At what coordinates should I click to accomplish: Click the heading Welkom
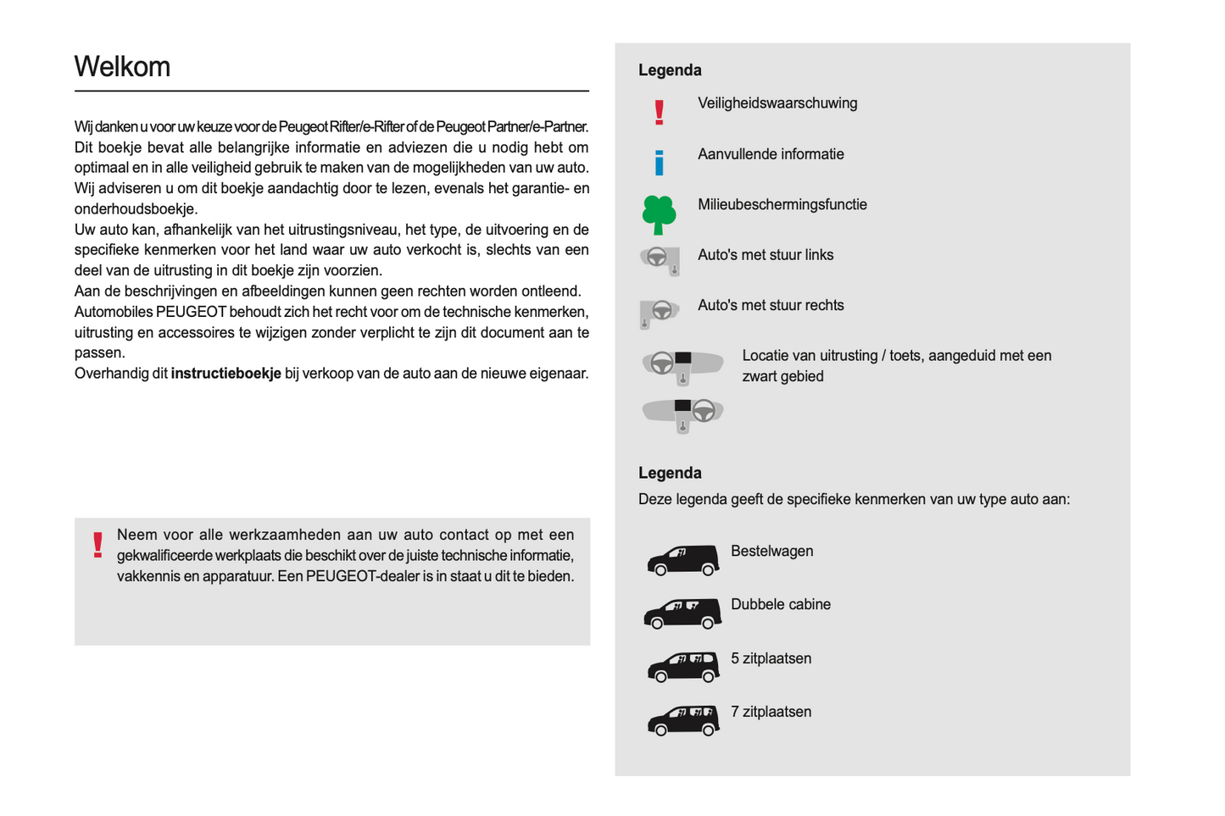coord(122,67)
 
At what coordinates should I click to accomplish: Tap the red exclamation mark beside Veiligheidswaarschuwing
coord(660,112)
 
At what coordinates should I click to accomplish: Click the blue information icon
coord(660,162)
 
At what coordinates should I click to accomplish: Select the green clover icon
coord(659,214)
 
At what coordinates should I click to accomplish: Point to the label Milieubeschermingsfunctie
coord(782,205)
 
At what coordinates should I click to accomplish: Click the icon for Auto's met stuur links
coord(660,259)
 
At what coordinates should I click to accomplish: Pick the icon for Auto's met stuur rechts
coord(659,312)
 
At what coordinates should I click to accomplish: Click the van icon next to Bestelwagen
coord(682,560)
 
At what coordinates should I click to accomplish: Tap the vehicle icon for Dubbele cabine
coord(682,613)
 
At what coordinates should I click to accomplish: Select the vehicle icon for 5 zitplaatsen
coord(682,668)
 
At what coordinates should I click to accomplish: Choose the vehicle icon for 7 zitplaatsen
coord(682,721)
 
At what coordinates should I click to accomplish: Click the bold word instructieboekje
coord(226,374)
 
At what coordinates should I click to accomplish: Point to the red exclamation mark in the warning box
coord(98,544)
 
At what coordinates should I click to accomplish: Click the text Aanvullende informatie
coord(771,154)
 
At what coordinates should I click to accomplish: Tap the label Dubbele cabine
coord(780,605)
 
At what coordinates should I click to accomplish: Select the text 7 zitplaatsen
coord(771,713)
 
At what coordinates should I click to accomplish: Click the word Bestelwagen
coord(771,552)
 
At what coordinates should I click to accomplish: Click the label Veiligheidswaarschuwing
coord(777,103)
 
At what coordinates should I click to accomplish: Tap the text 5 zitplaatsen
coord(771,659)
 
